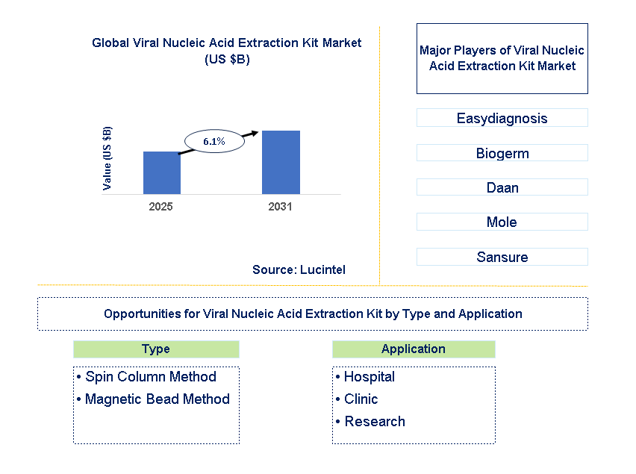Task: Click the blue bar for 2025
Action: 162,172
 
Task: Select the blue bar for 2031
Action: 281,162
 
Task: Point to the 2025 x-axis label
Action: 160,207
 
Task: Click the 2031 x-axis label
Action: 280,207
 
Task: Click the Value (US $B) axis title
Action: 107,158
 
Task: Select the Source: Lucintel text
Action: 299,269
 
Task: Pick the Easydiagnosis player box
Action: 502,118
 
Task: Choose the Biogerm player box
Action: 502,153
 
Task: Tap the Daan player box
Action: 502,187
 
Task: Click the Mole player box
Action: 502,222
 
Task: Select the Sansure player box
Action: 502,257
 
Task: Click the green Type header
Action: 156,349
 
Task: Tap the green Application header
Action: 413,349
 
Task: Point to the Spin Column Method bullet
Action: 151,377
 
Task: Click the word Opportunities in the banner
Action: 140,314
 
